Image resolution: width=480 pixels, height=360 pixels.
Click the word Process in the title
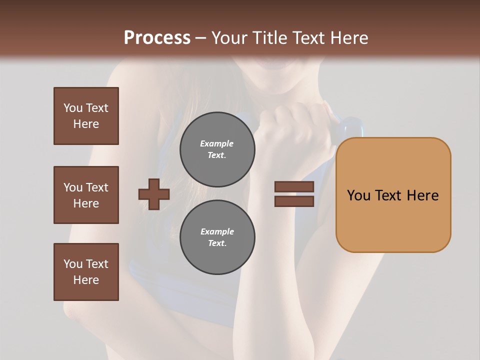pos(157,38)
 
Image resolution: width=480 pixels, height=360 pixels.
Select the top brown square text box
pos(86,116)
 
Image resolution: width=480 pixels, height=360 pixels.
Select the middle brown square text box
pos(86,195)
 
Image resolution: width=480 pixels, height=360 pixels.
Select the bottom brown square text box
pos(86,272)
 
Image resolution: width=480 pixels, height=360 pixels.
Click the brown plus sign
pos(154,194)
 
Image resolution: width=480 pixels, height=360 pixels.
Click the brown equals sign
pos(294,194)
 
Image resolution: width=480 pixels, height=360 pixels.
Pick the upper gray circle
pos(217,149)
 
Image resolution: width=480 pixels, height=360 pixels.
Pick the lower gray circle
pos(217,237)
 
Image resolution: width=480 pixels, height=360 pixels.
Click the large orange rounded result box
pos(393,195)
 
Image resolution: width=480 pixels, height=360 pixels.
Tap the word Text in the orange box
pos(391,195)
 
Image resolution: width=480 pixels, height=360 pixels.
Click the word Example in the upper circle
pos(216,144)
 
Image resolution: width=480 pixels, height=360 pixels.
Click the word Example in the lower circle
pos(217,232)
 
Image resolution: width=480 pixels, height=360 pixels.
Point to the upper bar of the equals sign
pos(294,187)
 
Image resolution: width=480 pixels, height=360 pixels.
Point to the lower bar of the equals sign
pos(294,201)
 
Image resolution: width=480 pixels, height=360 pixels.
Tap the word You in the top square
pos(72,108)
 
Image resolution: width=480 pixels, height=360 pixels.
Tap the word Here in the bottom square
pos(86,280)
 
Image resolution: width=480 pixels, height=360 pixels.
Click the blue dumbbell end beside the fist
pos(350,127)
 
